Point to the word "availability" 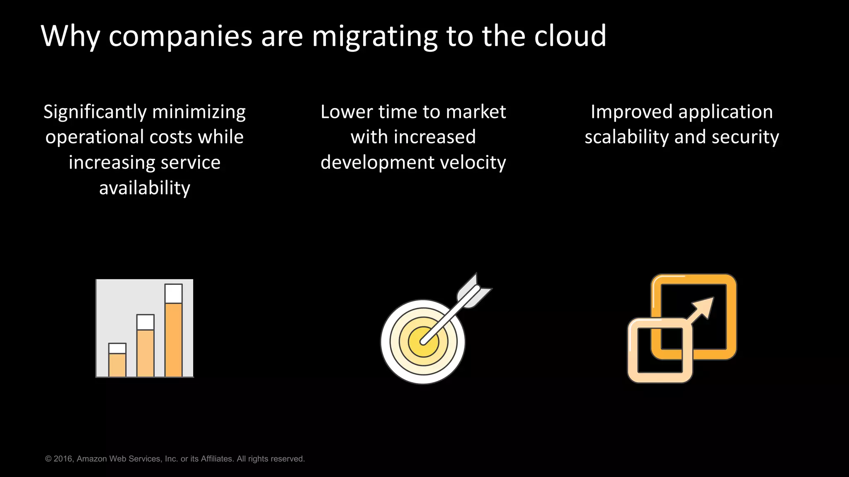point(145,188)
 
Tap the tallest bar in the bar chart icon point(173,340)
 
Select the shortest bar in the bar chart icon point(117,364)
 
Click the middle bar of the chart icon point(146,353)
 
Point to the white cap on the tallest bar point(173,293)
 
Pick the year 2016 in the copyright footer point(63,459)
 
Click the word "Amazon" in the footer point(92,459)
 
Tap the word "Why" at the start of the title point(70,36)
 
